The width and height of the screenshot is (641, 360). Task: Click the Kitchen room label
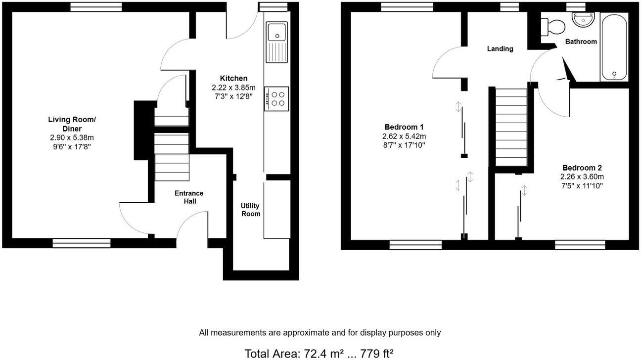pos(233,78)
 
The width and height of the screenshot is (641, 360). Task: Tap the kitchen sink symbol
pos(277,42)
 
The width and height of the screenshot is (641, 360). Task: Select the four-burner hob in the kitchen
pos(277,98)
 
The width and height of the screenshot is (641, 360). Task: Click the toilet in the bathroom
pos(552,26)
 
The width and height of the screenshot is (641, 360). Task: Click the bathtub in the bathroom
pos(614,47)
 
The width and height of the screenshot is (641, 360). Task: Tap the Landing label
pos(500,48)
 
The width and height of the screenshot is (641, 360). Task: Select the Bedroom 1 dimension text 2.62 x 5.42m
pos(404,136)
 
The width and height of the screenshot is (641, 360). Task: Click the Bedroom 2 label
pos(582,168)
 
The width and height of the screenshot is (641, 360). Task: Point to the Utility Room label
pos(250,210)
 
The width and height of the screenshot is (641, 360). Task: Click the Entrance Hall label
pos(188,197)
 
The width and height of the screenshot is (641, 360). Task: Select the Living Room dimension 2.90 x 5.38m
pos(72,138)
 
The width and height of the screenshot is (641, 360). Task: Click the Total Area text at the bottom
pos(320,353)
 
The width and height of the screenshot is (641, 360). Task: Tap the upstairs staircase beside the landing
pos(511,127)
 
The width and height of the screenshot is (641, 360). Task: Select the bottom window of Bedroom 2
pos(580,244)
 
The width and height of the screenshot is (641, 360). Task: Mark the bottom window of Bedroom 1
pos(415,244)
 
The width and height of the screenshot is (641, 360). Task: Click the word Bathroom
pos(581,42)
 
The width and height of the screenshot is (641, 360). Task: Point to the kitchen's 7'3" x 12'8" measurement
pos(233,96)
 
